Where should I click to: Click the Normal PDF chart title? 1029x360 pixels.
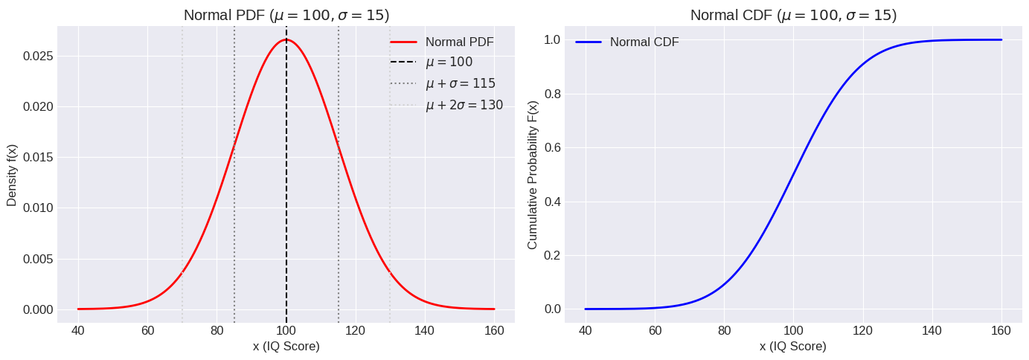(286, 15)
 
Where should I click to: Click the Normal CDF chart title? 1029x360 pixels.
(793, 15)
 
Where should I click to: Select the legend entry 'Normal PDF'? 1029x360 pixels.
(459, 42)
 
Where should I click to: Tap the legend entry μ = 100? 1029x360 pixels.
(449, 62)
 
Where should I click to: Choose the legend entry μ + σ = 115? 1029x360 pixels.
(460, 83)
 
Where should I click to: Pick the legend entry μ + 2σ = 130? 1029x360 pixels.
(464, 105)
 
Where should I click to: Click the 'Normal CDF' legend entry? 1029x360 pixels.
(644, 42)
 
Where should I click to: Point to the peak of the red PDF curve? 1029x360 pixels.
(286, 39)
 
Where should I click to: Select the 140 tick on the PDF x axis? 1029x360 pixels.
(425, 330)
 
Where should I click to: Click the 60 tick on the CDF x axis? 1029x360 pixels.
(655, 330)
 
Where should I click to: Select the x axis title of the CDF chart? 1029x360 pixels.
(793, 347)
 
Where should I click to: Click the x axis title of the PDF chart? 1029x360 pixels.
(286, 347)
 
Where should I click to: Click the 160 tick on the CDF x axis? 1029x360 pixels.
(1001, 330)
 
